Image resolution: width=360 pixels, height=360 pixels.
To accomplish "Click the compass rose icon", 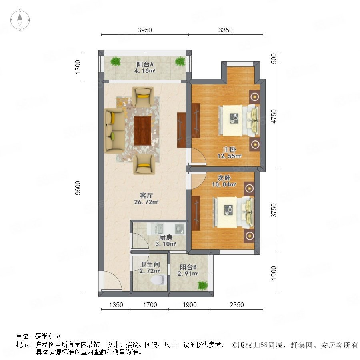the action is tap(20, 20).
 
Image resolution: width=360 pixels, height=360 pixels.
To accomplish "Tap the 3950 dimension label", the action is tap(145, 30).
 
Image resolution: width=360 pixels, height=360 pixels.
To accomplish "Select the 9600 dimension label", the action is tap(78, 188).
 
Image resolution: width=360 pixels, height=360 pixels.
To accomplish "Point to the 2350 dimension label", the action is tap(237, 305).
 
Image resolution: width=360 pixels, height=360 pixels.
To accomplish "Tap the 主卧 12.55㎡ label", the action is tap(230, 153).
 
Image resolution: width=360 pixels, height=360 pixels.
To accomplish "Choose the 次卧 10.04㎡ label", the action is tap(224, 181).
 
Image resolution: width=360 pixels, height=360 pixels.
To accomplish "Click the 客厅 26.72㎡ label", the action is tap(146, 199).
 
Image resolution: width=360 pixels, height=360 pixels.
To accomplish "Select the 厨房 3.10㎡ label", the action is tap(166, 240).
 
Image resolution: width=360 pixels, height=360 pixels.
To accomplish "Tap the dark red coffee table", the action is tap(142, 131).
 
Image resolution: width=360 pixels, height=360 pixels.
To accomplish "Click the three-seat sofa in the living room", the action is tap(114, 131).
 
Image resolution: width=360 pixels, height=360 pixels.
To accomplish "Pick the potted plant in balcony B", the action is tap(202, 285).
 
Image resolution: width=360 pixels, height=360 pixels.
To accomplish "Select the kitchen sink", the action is tap(158, 229).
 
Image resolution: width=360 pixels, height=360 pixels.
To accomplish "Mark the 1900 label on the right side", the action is tap(274, 273).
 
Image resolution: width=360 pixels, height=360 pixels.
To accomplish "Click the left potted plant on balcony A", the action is tap(116, 61).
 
